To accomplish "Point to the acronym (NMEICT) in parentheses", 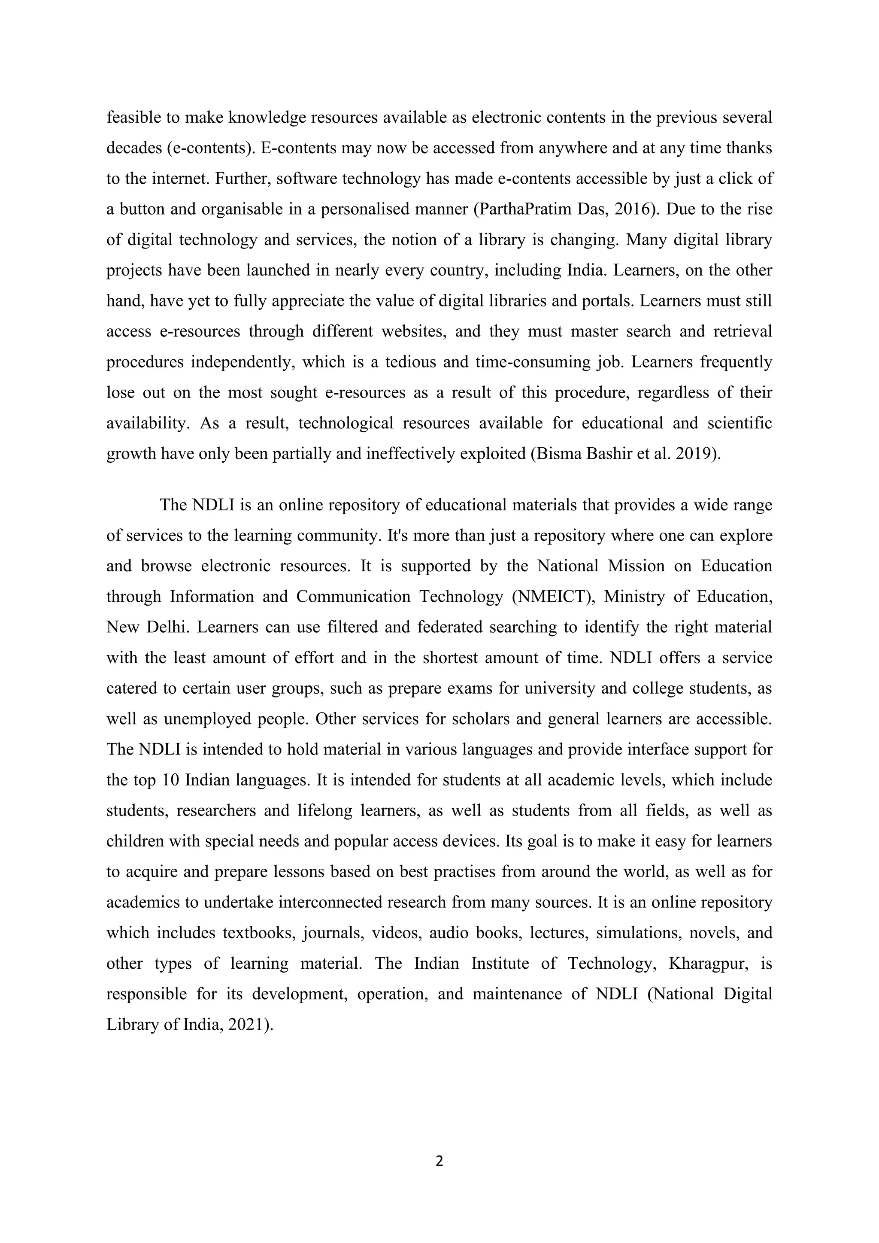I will (553, 597).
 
